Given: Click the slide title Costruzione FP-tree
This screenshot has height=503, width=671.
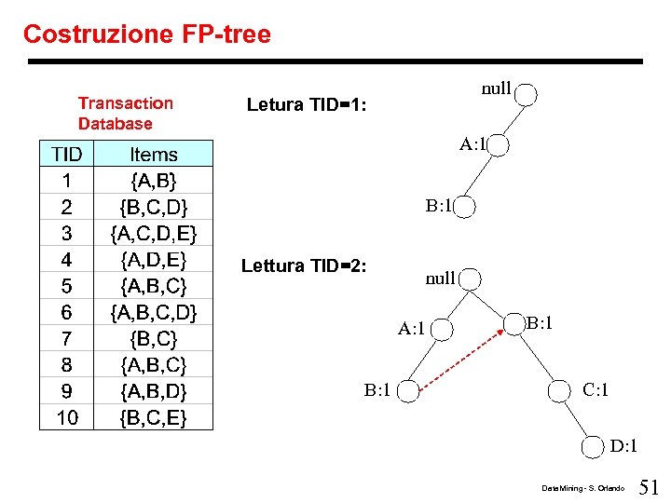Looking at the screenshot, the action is click(147, 35).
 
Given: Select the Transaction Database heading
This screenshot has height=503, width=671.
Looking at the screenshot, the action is click(126, 113).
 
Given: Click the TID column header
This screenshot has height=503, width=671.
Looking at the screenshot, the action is click(67, 155).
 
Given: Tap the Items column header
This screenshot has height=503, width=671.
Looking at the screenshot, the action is click(154, 155).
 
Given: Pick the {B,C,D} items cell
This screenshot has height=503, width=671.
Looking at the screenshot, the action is click(154, 206).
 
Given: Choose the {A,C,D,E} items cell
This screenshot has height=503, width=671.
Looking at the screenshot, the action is click(154, 232).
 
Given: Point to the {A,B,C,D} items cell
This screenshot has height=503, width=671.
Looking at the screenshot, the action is click(154, 311).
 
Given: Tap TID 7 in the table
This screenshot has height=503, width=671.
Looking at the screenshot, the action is click(67, 337).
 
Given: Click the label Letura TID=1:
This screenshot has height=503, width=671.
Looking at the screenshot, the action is click(308, 104).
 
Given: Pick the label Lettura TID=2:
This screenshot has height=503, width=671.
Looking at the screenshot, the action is click(304, 266).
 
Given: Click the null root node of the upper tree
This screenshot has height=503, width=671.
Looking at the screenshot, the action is click(527, 94).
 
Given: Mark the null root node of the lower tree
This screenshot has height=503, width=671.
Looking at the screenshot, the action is click(471, 279).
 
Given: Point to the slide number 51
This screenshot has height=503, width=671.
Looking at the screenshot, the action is click(650, 485).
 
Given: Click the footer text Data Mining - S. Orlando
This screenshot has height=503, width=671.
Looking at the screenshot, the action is click(582, 488).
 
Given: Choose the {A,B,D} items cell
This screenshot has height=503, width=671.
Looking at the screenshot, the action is click(154, 390).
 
